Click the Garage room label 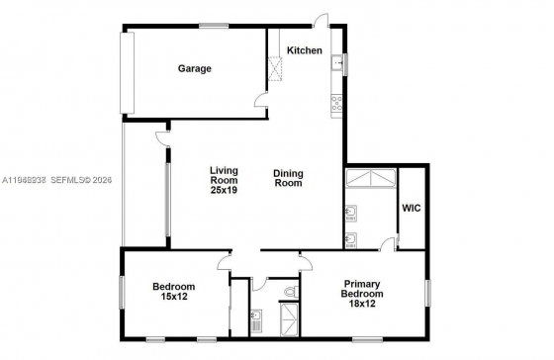pyautogui.click(x=194, y=68)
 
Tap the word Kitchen pyautogui.click(x=305, y=50)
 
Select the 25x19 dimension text pyautogui.click(x=224, y=190)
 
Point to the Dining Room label pyautogui.click(x=288, y=178)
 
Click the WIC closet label pyautogui.click(x=412, y=208)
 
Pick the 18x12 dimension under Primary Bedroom pyautogui.click(x=362, y=304)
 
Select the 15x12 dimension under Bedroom pyautogui.click(x=174, y=297)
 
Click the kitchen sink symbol pyautogui.click(x=336, y=64)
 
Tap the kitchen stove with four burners pyautogui.click(x=336, y=103)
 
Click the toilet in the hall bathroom pyautogui.click(x=292, y=292)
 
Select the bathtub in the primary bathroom pyautogui.click(x=371, y=178)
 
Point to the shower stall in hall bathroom pyautogui.click(x=289, y=320)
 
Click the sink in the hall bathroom pyautogui.click(x=256, y=317)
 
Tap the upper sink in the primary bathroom pyautogui.click(x=350, y=213)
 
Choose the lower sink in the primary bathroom pyautogui.click(x=350, y=240)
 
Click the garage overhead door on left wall pyautogui.click(x=128, y=73)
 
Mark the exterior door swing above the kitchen pyautogui.click(x=322, y=20)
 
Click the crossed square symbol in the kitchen pyautogui.click(x=276, y=69)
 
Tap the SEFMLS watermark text pyautogui.click(x=81, y=180)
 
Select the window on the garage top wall pyautogui.click(x=214, y=26)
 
